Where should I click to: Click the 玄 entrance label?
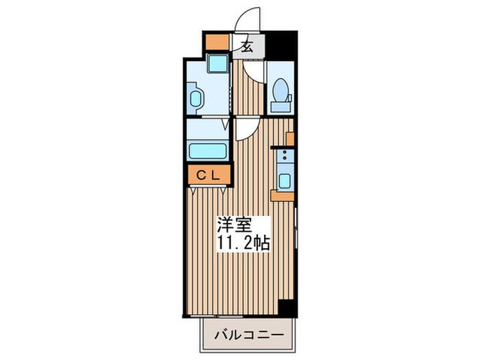tap(248, 47)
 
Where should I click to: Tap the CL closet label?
tap(208, 176)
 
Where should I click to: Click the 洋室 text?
tap(235, 225)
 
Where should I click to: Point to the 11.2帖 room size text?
tap(243, 243)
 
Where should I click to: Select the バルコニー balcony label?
tap(248, 335)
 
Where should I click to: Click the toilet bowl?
tap(280, 89)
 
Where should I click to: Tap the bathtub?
tap(208, 151)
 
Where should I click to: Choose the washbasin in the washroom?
tap(195, 98)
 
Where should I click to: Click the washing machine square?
tap(217, 63)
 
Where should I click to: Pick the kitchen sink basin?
tap(285, 181)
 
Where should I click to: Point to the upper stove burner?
tap(285, 152)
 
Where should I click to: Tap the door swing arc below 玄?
tap(254, 72)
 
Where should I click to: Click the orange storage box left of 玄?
tap(217, 42)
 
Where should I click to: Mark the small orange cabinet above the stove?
tap(290, 139)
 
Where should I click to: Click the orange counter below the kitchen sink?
tap(283, 195)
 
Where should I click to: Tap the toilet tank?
tap(280, 107)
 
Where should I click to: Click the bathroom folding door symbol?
tap(226, 124)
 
